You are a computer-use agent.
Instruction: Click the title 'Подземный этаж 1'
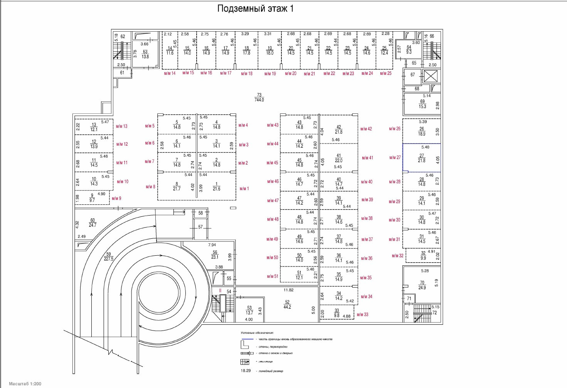coord(255,8)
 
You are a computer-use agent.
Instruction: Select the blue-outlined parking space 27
coord(421,158)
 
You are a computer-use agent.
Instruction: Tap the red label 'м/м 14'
coord(170,73)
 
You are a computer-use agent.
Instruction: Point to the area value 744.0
coord(259,100)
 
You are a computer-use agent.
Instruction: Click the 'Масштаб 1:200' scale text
coord(25,384)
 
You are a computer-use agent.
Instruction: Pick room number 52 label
coord(287,302)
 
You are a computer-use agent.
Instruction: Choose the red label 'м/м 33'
coord(362,314)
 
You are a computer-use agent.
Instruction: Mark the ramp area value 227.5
coord(109,259)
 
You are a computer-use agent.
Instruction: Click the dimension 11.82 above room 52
coord(288,290)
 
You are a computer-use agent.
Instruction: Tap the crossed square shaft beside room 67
coord(431,76)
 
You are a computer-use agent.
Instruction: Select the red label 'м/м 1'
coord(244,189)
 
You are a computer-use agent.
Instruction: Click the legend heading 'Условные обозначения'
coord(257,332)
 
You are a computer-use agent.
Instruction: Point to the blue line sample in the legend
coord(247,339)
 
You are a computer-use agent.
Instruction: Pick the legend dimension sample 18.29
coord(246,371)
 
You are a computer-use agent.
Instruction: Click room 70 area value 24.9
coord(422,288)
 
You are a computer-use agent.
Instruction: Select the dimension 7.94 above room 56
coord(212,245)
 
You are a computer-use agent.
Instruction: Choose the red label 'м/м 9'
coord(116,199)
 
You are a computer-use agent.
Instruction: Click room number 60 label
coord(93,221)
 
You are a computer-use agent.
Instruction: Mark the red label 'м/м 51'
coord(273,276)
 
